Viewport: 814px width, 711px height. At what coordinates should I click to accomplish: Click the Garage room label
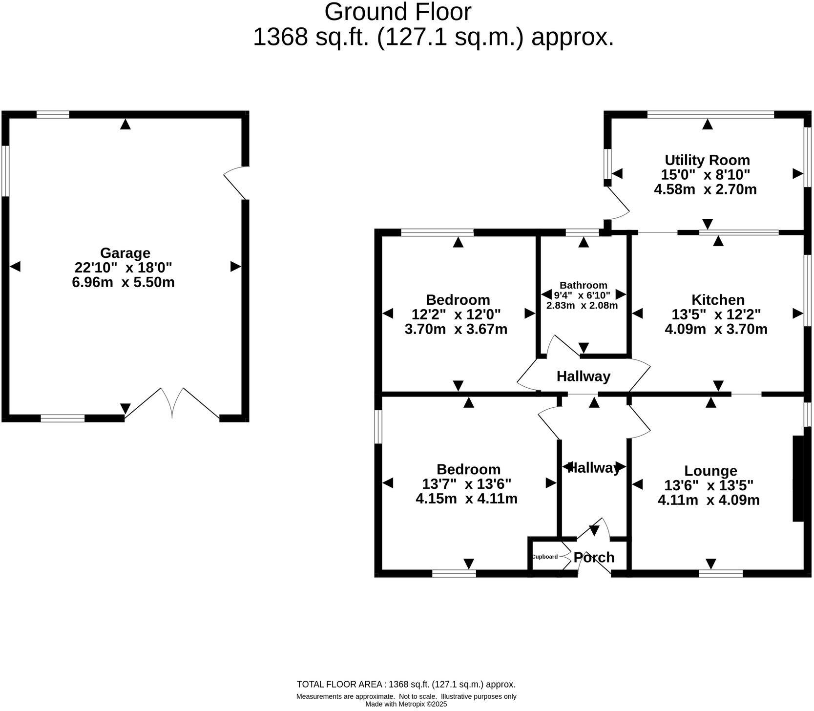(125, 253)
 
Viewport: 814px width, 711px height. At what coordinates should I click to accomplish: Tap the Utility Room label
(707, 160)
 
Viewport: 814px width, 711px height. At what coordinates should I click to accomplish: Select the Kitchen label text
(717, 299)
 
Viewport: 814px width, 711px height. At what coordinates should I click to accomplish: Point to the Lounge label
(710, 471)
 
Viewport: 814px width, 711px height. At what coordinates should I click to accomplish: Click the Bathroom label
(583, 285)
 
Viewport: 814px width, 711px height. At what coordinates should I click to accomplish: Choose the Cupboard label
(544, 557)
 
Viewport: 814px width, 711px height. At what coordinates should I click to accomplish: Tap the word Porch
(593, 557)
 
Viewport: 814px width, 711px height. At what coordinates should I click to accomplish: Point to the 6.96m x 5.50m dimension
(123, 282)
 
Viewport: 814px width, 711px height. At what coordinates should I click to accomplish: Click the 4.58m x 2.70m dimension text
(705, 189)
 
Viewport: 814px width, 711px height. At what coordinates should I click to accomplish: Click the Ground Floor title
(397, 12)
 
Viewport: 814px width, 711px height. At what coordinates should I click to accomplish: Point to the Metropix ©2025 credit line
(406, 704)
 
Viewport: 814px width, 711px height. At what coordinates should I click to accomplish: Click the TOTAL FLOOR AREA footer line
(406, 685)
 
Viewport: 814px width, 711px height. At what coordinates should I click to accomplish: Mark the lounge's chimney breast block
(797, 479)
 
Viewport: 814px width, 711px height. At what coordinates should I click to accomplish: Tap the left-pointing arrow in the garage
(15, 267)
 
